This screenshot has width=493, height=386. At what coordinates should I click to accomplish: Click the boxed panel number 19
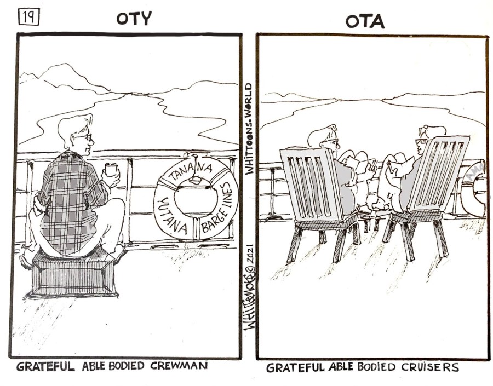(x=30, y=17)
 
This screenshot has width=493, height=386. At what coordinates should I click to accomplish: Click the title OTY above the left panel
(x=134, y=18)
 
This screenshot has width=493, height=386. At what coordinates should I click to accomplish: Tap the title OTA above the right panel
(x=365, y=21)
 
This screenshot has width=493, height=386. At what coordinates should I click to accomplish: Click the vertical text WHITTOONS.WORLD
(x=249, y=129)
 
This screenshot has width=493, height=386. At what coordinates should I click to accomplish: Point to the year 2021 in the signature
(x=250, y=255)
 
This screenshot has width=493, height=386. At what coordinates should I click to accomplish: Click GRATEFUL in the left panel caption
(x=45, y=366)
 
